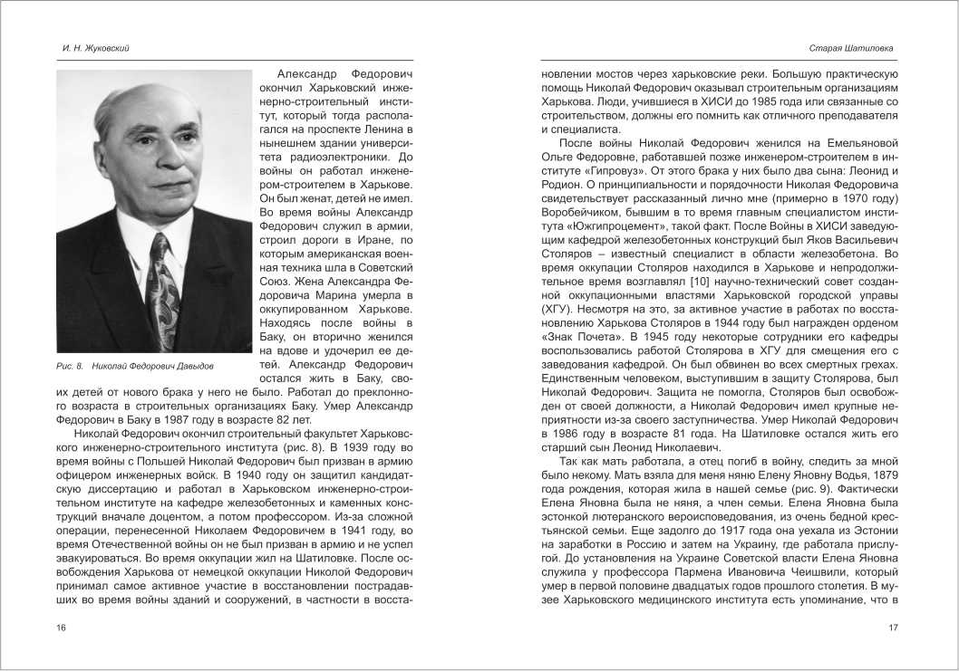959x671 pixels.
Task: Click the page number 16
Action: pos(61,628)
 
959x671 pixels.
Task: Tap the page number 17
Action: pos(892,628)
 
